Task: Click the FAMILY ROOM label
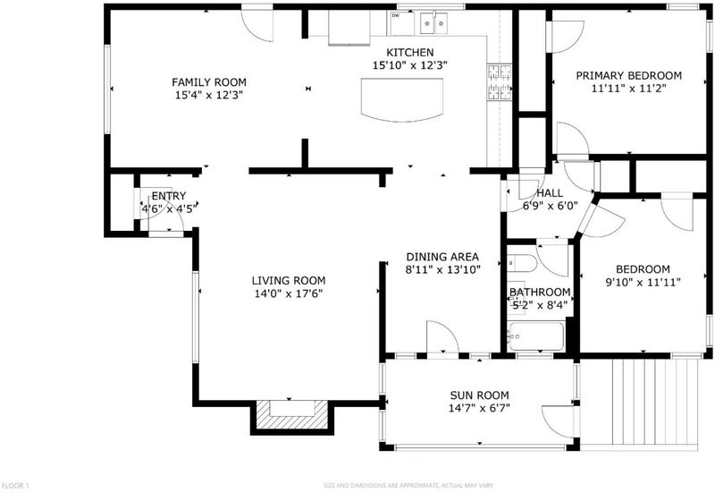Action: (209, 82)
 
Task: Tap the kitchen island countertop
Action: (401, 99)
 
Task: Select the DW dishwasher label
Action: (395, 15)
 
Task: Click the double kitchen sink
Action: (433, 23)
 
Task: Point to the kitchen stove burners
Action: (500, 82)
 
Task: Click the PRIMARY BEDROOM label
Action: (629, 75)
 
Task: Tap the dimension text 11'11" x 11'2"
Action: (629, 89)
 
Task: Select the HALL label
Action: (550, 193)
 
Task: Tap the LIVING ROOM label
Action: (289, 280)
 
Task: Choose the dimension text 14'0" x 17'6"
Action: (289, 293)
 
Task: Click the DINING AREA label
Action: (442, 257)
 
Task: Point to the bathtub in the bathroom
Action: (537, 336)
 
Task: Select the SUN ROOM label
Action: (479, 395)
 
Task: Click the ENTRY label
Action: (169, 196)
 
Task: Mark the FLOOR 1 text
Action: (15, 486)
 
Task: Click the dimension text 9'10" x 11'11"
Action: (643, 283)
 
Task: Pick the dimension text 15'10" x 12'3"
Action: (410, 65)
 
